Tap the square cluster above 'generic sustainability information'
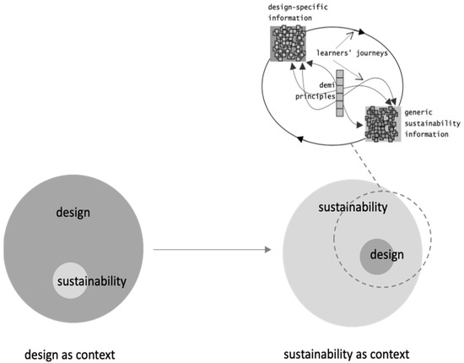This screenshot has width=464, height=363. pyautogui.click(x=383, y=123)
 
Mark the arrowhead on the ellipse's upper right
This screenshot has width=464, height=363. pyautogui.click(x=363, y=33)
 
